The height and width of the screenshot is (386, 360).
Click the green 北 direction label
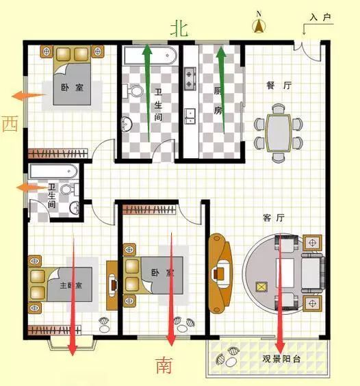(179, 28)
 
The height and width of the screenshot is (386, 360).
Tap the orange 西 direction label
(10, 124)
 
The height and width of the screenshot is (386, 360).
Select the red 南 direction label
(164, 365)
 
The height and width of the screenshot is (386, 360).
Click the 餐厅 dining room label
(279, 86)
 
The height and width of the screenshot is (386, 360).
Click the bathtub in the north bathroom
(150, 55)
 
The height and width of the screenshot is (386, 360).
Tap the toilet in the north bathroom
(135, 90)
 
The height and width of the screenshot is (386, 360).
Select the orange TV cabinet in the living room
(219, 272)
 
